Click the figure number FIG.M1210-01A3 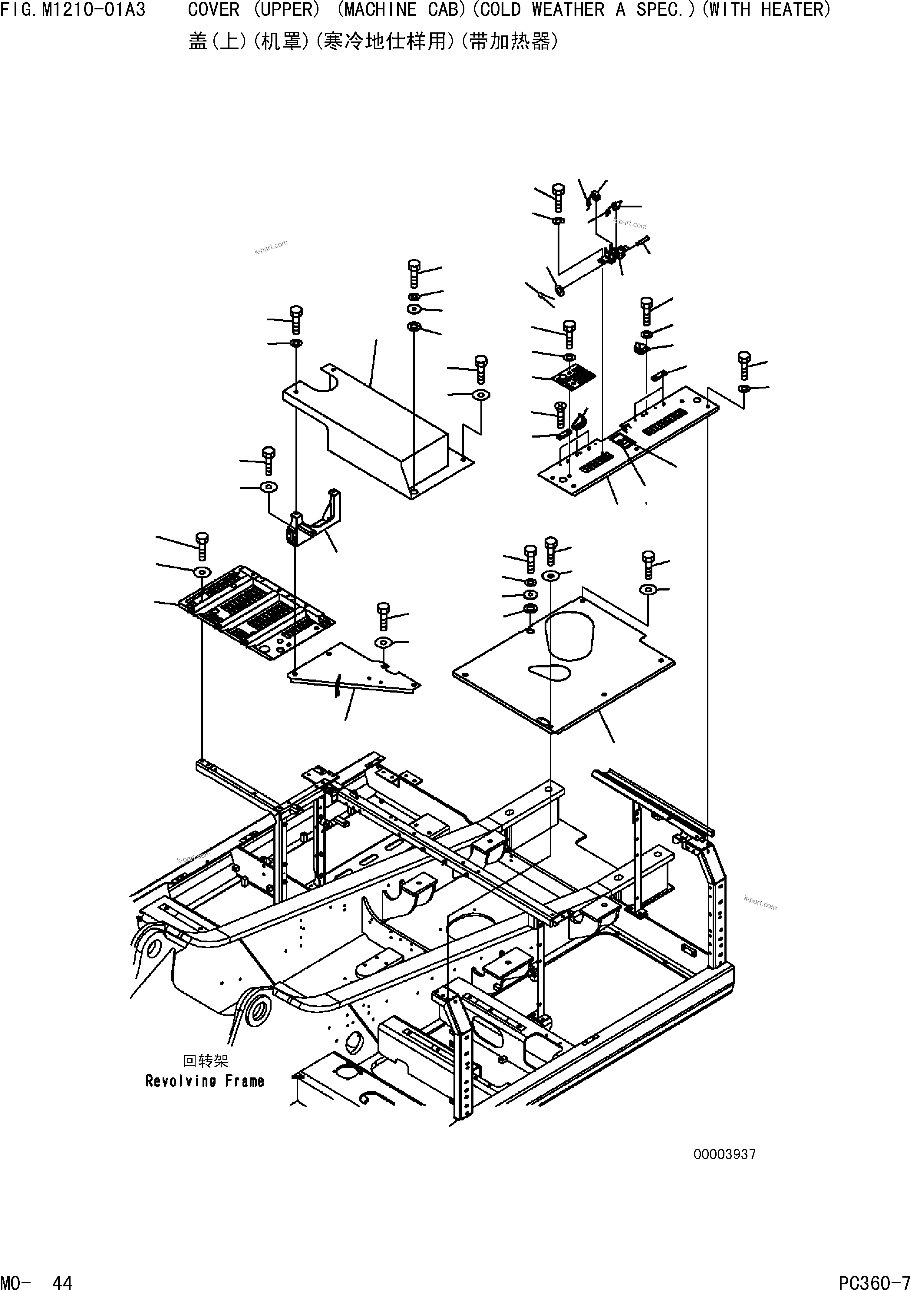pos(73,10)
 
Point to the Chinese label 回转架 pos(206,1061)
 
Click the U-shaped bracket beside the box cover pos(315,520)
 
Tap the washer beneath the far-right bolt pos(744,389)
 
